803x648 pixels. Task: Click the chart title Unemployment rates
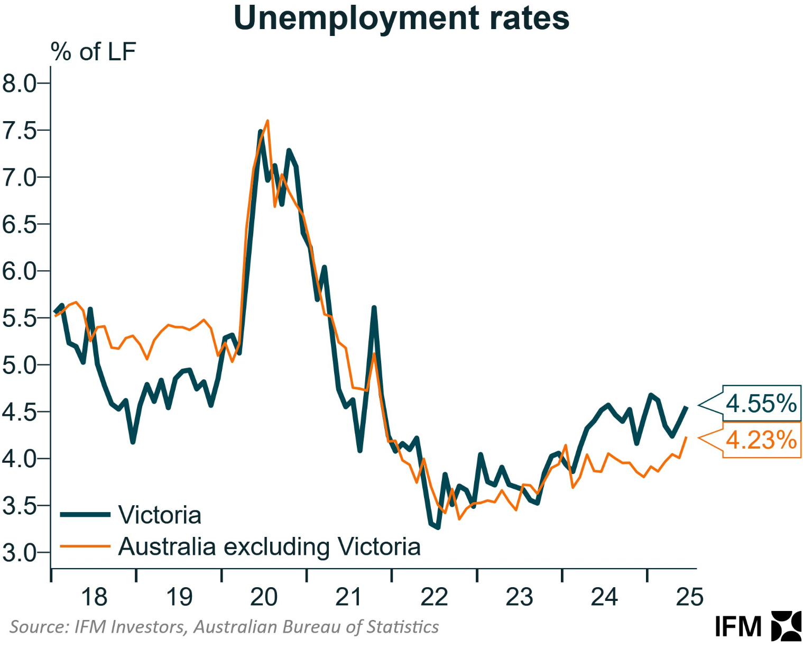(401, 18)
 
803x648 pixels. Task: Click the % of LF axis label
(93, 52)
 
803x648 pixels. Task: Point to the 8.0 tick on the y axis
(19, 84)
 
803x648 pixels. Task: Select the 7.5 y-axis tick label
(19, 131)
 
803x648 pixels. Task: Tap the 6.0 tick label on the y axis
(19, 271)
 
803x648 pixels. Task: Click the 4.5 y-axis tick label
(19, 412)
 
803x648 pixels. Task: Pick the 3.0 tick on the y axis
(19, 553)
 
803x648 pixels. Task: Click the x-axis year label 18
(94, 597)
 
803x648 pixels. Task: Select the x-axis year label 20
(264, 597)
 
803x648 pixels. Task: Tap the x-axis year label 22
(434, 597)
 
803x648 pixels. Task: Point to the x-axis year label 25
(690, 597)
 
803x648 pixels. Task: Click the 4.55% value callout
(761, 404)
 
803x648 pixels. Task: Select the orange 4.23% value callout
(761, 440)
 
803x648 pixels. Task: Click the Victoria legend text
(160, 515)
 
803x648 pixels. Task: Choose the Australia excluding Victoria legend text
(269, 546)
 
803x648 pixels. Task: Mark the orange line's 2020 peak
(267, 121)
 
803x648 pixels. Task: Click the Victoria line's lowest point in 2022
(438, 527)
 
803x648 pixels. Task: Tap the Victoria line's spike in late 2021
(374, 308)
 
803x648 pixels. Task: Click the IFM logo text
(738, 627)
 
